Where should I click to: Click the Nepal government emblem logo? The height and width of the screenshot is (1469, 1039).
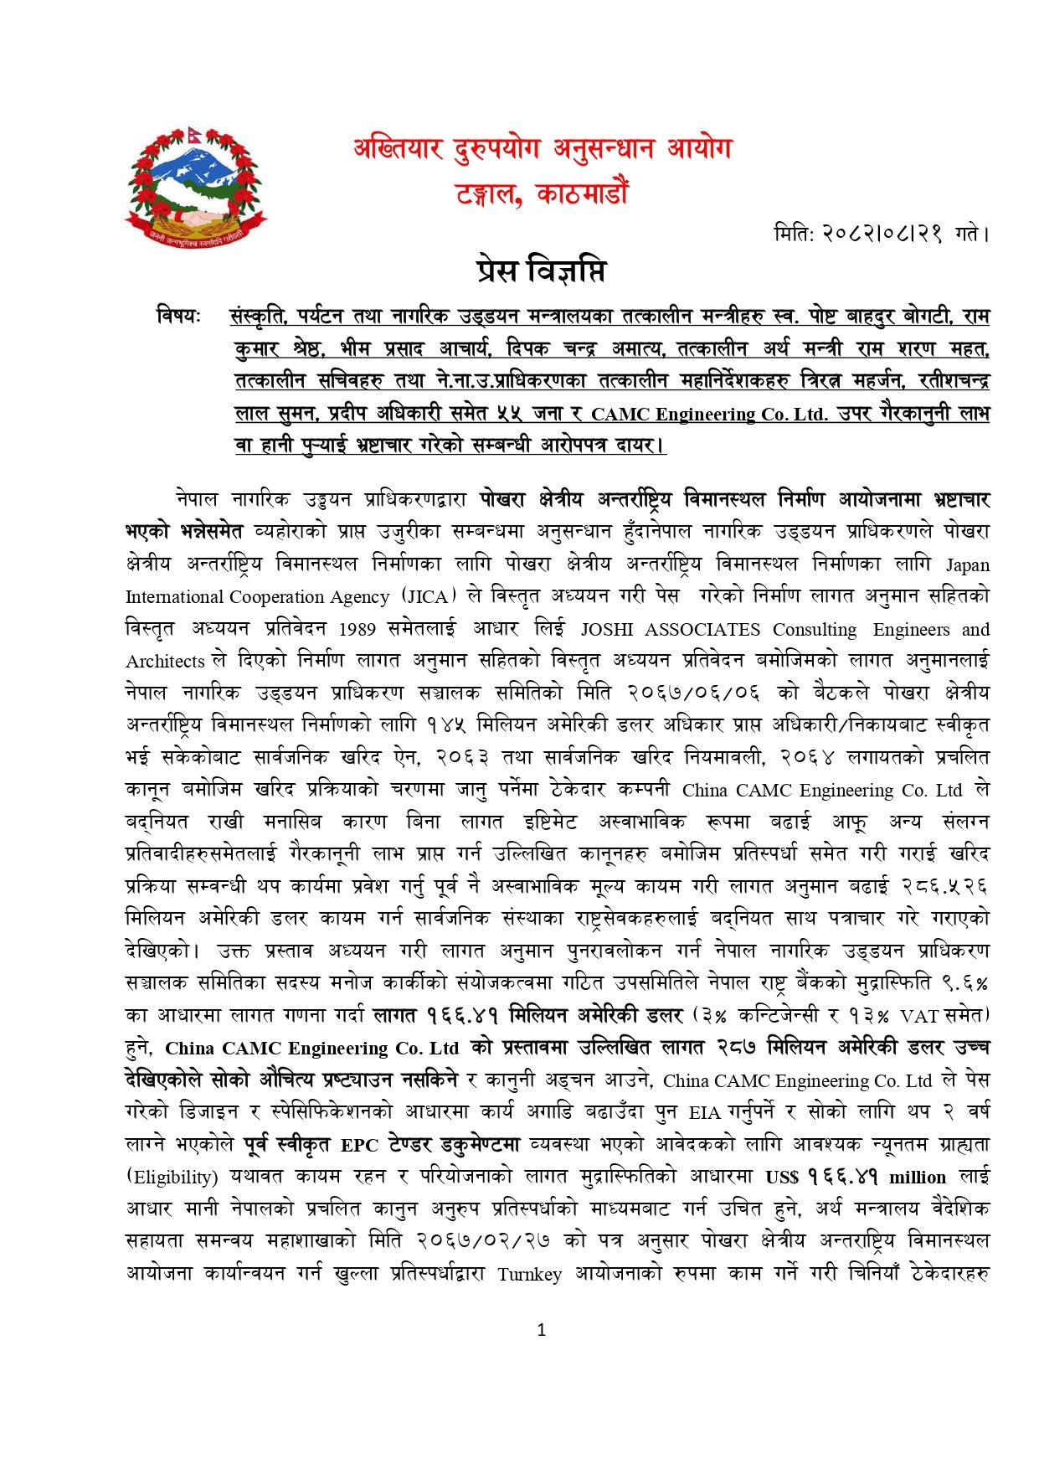click(195, 186)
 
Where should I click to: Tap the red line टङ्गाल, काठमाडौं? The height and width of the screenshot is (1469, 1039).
click(542, 193)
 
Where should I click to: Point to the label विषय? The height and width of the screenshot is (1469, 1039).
click(178, 317)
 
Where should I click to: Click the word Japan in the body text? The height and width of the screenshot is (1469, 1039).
click(967, 564)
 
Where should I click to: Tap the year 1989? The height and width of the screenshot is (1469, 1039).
click(363, 629)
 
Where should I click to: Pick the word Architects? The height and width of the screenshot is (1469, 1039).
click(165, 662)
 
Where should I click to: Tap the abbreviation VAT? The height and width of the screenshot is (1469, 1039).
click(918, 1016)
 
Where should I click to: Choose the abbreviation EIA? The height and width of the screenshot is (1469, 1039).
click(704, 1113)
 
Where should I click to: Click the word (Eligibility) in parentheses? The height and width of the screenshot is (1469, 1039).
click(172, 1178)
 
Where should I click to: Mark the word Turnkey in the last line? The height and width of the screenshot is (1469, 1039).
click(529, 1275)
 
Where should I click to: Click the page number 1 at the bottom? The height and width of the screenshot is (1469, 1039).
click(541, 1329)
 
